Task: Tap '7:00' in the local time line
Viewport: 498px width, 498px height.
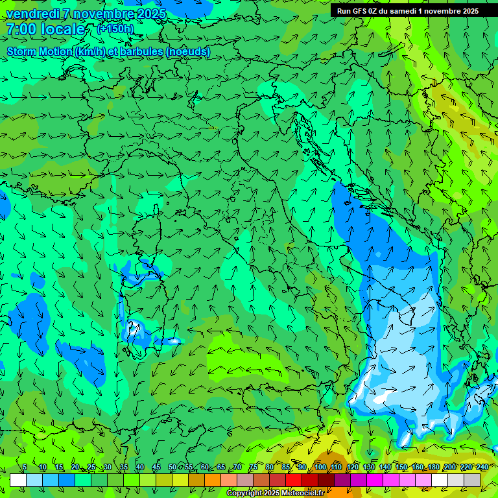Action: coord(20,29)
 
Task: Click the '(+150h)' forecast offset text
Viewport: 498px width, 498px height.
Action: coord(115,29)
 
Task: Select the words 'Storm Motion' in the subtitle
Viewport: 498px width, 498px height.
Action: coord(39,52)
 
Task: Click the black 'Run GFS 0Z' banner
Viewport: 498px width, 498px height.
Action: coord(407,10)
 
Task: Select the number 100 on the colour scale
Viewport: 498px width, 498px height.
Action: coord(320,467)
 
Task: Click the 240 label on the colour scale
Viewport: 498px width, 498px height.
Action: coord(482,467)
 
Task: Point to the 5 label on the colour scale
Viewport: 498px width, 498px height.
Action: coord(25,467)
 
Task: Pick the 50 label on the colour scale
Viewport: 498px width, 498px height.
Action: coord(172,467)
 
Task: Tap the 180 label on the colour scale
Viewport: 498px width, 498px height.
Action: coord(434,467)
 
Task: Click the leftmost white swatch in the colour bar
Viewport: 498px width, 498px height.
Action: coord(18,480)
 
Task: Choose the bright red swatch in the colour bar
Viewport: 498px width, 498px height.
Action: coord(294,480)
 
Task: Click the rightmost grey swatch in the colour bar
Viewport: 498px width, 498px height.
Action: coord(472,480)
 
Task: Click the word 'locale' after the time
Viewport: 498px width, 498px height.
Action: coord(63,29)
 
